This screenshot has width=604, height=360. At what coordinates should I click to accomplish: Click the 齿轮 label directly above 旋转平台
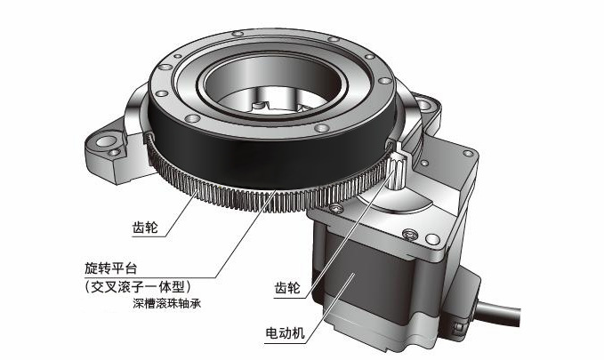[x=145, y=228]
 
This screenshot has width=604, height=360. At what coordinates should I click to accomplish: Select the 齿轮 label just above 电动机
[x=287, y=288]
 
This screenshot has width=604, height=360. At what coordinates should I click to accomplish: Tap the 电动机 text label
[x=285, y=333]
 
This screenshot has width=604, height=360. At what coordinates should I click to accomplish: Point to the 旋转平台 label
[x=111, y=268]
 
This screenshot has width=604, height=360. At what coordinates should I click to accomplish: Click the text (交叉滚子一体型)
[x=138, y=286]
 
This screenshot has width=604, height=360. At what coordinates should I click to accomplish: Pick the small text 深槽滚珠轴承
[x=167, y=303]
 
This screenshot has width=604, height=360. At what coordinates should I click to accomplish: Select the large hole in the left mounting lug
[x=105, y=141]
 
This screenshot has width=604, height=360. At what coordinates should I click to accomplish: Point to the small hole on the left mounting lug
[x=114, y=153]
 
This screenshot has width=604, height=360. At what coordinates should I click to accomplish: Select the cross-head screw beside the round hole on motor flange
[x=411, y=234]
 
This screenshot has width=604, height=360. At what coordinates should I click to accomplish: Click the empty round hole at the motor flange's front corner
[x=432, y=239]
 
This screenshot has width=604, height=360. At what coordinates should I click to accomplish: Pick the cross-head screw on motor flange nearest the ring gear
[x=335, y=208]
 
